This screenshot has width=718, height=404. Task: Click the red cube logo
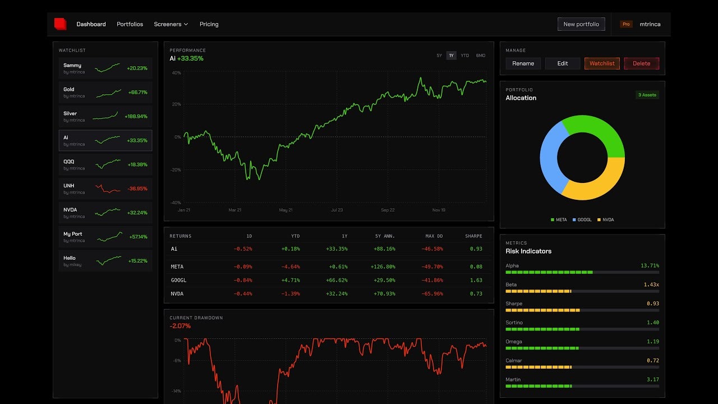(60, 24)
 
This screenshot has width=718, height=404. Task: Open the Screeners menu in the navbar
(171, 24)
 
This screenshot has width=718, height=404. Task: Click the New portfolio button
(581, 24)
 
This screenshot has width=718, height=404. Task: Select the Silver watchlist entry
(105, 116)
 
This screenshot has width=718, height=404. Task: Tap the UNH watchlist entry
(105, 189)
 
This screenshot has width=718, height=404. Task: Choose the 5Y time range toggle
(439, 56)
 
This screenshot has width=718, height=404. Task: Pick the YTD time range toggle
(465, 56)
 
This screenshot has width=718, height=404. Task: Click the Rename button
(523, 63)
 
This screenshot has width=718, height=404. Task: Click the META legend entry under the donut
(559, 220)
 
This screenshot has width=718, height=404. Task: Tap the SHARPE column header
(473, 236)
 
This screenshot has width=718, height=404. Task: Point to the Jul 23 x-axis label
(337, 210)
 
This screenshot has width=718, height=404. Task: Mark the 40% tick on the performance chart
(176, 73)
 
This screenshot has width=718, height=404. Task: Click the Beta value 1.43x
(651, 284)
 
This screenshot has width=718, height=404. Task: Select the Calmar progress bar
(582, 367)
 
